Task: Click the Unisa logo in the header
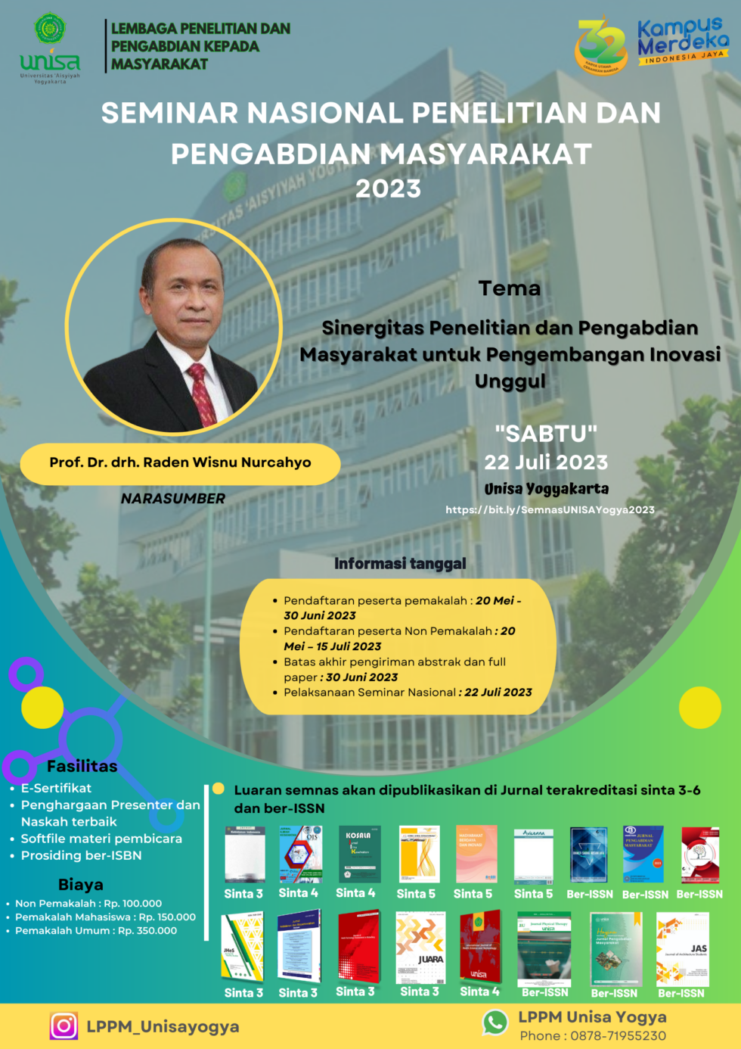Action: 50,48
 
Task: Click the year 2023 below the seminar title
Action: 388,188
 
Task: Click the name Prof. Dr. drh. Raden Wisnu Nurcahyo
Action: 180,462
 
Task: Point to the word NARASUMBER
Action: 173,499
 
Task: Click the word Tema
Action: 510,288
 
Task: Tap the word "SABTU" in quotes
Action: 546,434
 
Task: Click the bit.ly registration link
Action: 550,510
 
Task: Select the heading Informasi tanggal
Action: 400,564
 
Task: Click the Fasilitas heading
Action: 82,766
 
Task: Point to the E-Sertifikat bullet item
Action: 56,788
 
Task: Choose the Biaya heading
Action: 81,884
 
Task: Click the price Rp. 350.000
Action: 147,930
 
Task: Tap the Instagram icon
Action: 64,1026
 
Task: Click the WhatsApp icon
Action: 495,1023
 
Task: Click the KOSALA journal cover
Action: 359,854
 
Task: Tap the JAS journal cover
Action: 682,949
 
